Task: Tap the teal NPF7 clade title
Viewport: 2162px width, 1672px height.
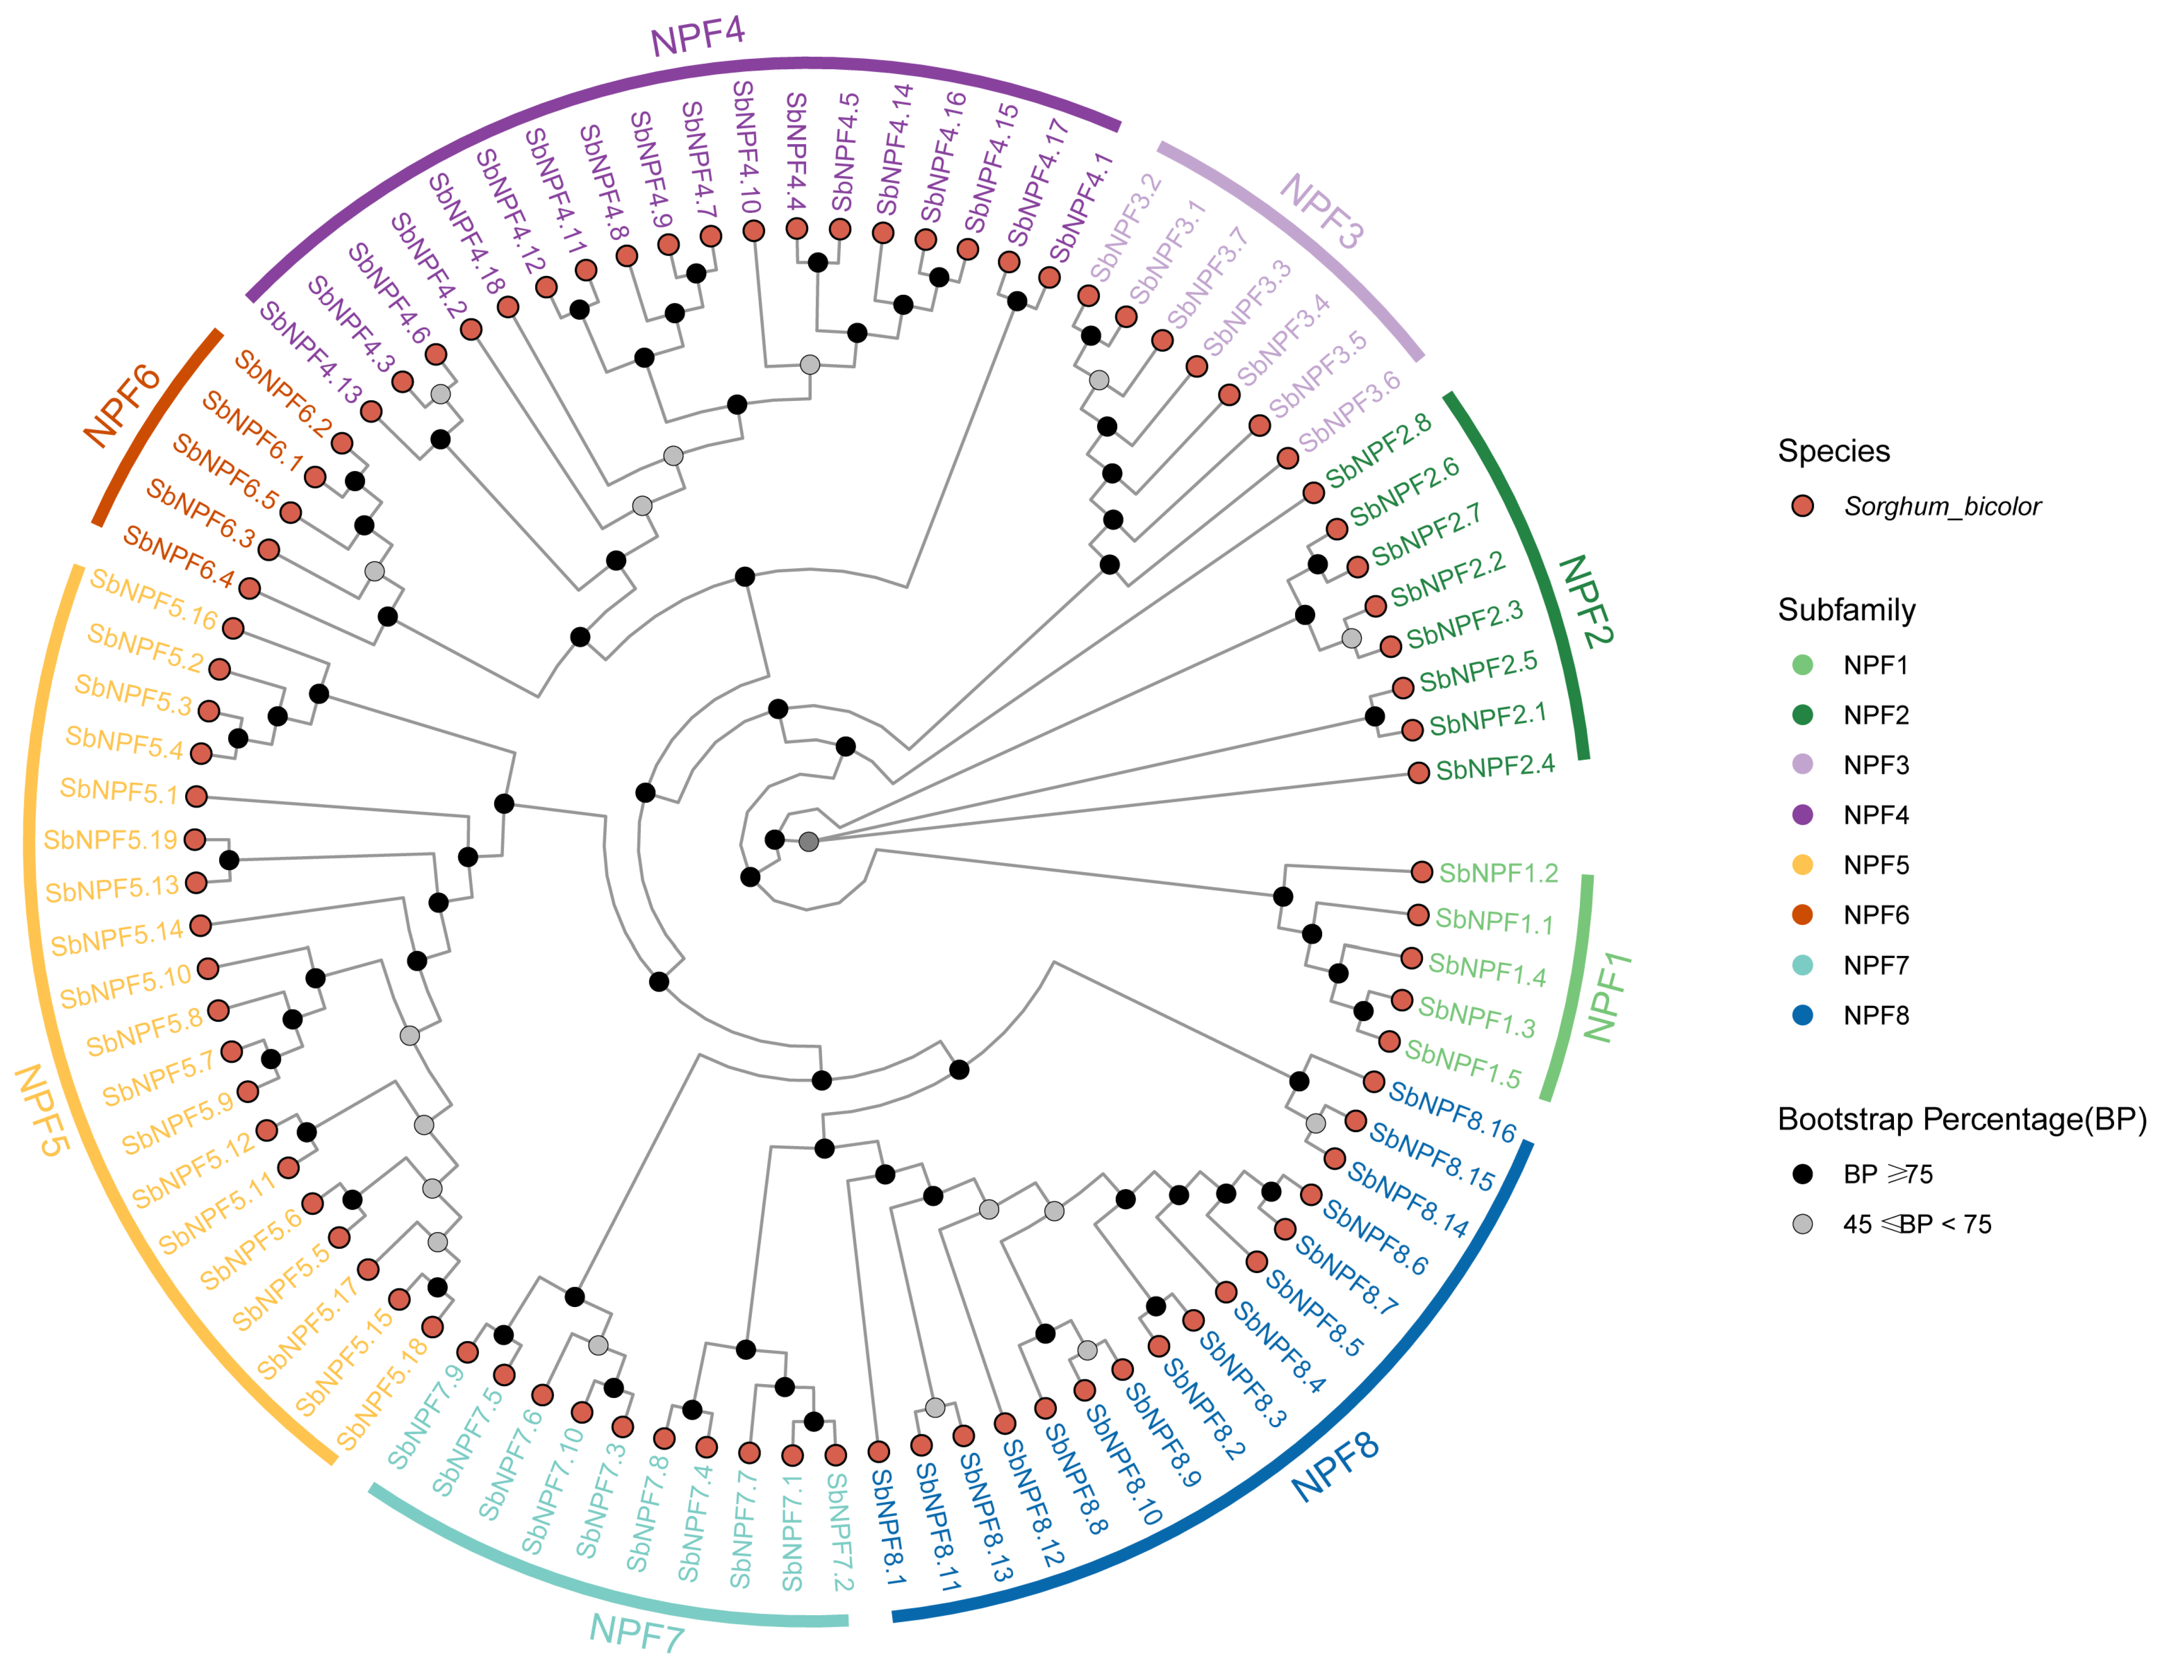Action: tap(636, 1632)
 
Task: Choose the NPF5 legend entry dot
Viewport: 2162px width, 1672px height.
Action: tap(1803, 865)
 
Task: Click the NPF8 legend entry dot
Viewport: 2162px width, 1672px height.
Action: tap(1803, 1015)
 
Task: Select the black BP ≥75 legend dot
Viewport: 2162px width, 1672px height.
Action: tap(1803, 1174)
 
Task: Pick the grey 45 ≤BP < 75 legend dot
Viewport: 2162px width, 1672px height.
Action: tap(1803, 1225)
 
